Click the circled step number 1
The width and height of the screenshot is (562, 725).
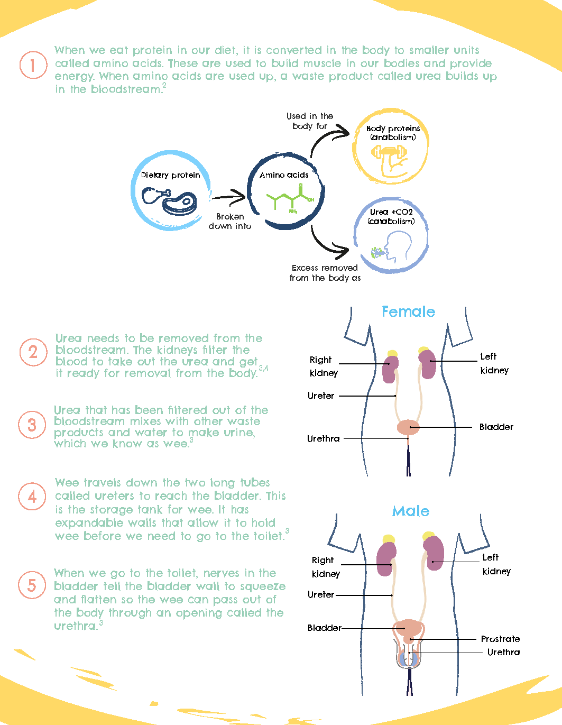tap(33, 65)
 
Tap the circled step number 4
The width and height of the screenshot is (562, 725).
tap(32, 497)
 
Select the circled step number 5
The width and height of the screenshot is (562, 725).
tap(32, 585)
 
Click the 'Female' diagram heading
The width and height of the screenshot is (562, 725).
tap(408, 312)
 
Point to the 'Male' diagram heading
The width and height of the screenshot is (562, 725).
tap(411, 511)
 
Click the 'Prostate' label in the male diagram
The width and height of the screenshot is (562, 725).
tap(500, 639)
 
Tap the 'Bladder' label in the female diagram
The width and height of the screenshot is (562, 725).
tap(496, 427)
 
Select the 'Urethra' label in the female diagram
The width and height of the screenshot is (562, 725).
tap(323, 438)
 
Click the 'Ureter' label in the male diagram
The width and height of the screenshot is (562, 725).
tap(321, 594)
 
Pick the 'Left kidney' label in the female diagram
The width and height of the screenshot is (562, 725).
tap(494, 363)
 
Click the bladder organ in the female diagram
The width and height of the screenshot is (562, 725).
tap(408, 427)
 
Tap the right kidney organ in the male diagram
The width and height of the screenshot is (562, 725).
tap(386, 558)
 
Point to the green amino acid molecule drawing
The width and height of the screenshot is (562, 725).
tap(290, 199)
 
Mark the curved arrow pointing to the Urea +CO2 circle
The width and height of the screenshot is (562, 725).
tap(328, 243)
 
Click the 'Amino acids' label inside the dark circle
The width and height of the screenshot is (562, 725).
tap(284, 175)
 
